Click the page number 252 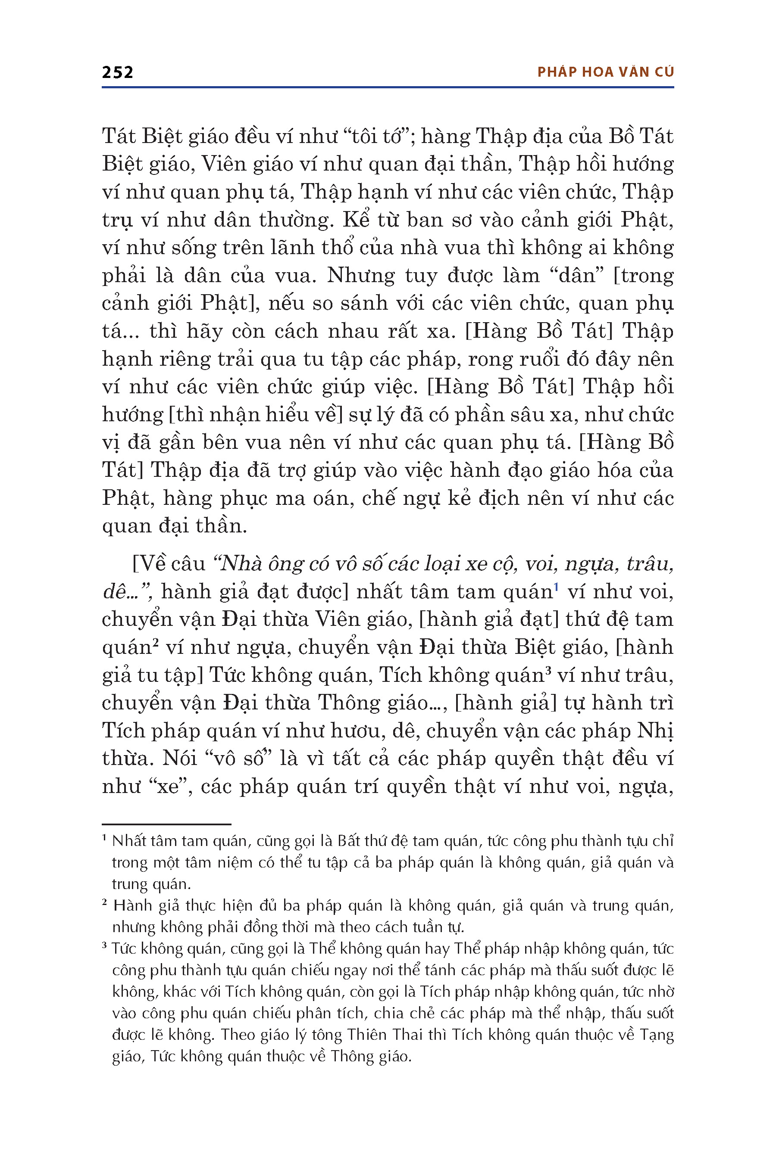tap(117, 73)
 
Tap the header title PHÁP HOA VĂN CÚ tap(605, 72)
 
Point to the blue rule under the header tap(388, 87)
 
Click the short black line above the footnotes tap(166, 824)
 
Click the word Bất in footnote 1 tap(349, 841)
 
